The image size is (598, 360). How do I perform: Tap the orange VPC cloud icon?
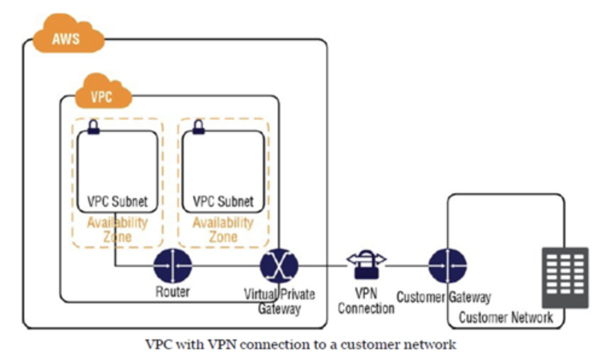pyautogui.click(x=102, y=93)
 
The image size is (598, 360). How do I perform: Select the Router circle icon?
pyautogui.click(x=172, y=265)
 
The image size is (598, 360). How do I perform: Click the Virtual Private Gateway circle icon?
pyautogui.click(x=279, y=265)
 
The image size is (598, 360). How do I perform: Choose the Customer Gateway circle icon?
pyautogui.click(x=448, y=265)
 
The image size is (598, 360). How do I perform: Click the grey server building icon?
pyautogui.click(x=565, y=277)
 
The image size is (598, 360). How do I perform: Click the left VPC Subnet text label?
pyautogui.click(x=118, y=201)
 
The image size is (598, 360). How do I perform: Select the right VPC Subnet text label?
pyautogui.click(x=223, y=201)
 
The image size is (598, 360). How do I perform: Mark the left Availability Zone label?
pyautogui.click(x=117, y=229)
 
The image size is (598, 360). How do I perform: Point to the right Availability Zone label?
pyautogui.click(x=222, y=229)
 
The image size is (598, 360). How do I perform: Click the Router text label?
pyautogui.click(x=172, y=292)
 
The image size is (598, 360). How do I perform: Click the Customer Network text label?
pyautogui.click(x=506, y=318)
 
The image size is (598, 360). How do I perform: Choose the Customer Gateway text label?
pyautogui.click(x=443, y=297)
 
